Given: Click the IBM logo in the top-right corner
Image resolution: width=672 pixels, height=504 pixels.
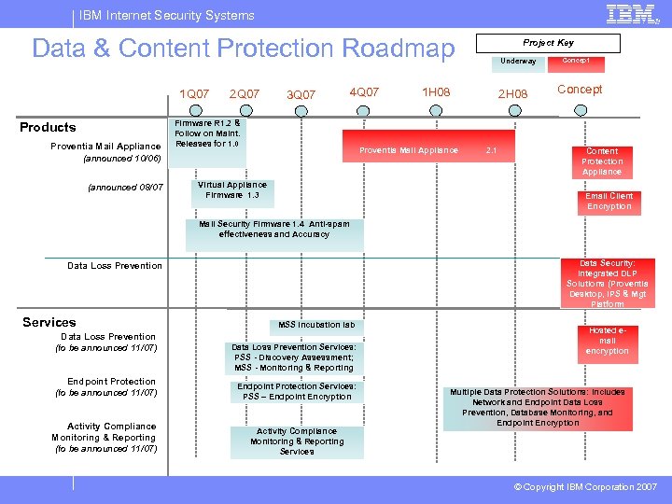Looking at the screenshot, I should tap(630, 14).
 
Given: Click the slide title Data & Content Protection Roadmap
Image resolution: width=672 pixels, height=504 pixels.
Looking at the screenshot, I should tap(243, 49).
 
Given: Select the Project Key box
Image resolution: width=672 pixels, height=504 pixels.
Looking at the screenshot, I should tap(548, 43).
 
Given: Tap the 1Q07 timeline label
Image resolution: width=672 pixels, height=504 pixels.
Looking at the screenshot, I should tap(194, 93).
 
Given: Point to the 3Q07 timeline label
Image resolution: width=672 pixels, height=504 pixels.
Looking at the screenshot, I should tap(301, 94).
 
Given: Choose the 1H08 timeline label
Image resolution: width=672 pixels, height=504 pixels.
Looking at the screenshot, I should tap(436, 92).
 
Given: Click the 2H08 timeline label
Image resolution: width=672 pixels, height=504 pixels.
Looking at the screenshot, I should tap(512, 94).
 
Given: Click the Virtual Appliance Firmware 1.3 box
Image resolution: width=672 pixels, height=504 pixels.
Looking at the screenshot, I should tap(232, 190).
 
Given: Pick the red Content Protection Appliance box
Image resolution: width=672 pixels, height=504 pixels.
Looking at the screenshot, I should tap(602, 161).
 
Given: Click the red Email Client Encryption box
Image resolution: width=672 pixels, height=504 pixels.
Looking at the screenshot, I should tap(609, 202).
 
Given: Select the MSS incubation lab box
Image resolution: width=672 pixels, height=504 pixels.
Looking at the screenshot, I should tap(316, 325).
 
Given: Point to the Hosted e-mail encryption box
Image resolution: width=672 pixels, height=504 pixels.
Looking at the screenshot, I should tap(608, 341).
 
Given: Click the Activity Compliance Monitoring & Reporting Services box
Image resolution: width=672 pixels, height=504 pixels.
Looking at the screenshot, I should tap(297, 441).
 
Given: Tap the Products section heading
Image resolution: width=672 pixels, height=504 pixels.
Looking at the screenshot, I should tap(48, 127).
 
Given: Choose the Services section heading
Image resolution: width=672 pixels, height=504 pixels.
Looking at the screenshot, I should tap(49, 322).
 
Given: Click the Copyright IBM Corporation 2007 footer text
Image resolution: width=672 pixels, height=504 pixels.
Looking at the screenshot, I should tap(585, 487).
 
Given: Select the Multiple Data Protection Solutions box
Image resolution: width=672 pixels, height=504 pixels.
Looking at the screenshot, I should tap(538, 408).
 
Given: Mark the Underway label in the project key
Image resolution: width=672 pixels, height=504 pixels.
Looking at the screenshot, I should tap(518, 62).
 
